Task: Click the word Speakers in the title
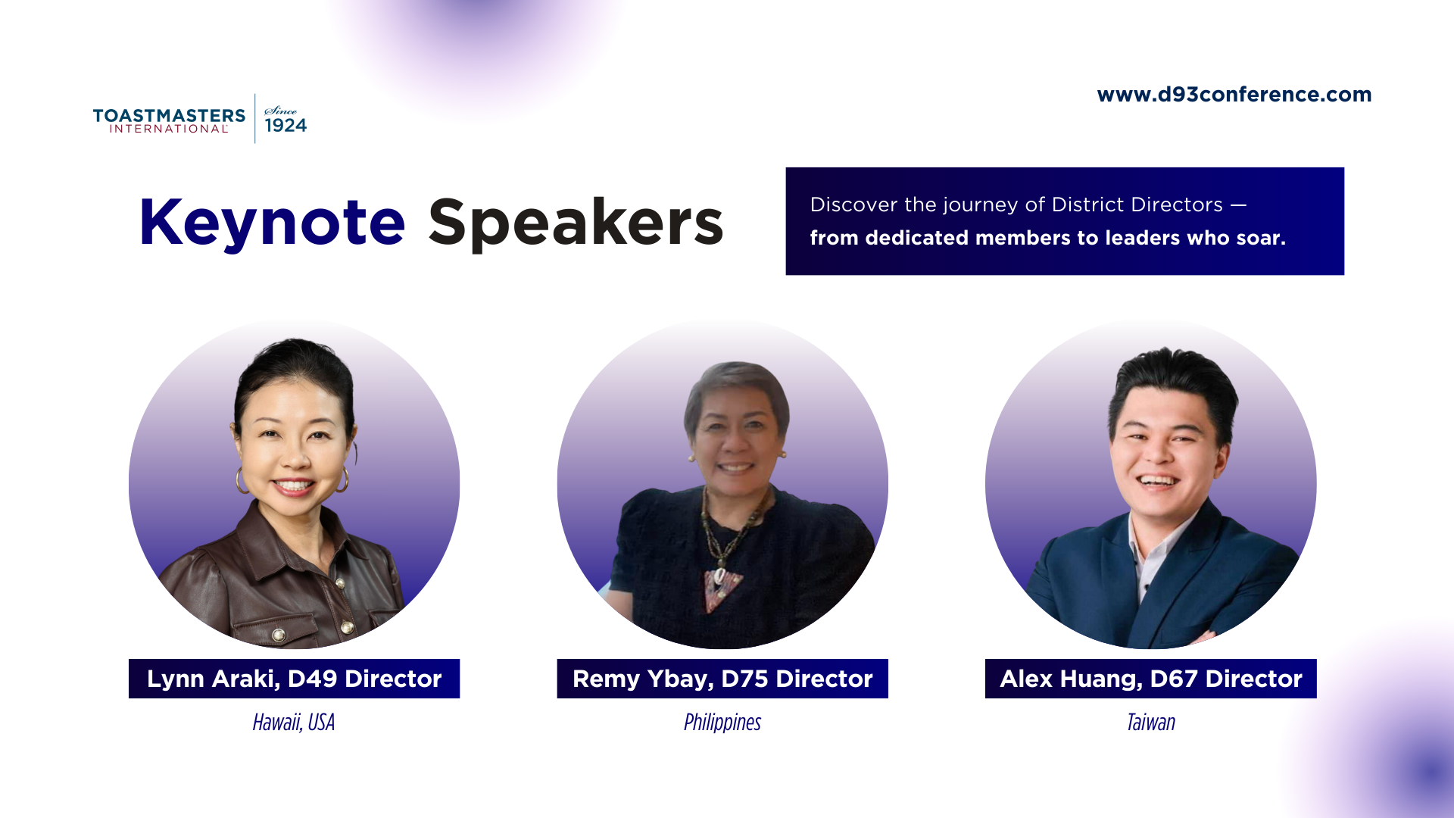pos(576,222)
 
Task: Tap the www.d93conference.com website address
pos(1234,95)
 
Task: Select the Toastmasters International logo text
pos(169,120)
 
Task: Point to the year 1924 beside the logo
pos(285,126)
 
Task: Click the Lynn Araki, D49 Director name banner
pos(294,679)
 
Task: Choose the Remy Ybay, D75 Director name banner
pos(722,679)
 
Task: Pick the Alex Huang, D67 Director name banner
pos(1150,679)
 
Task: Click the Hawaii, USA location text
pos(294,723)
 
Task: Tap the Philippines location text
pos(722,723)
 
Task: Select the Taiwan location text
pos(1150,723)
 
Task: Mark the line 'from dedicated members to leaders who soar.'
pos(1047,238)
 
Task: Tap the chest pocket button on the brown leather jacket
pos(348,626)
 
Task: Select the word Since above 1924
pos(280,111)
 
